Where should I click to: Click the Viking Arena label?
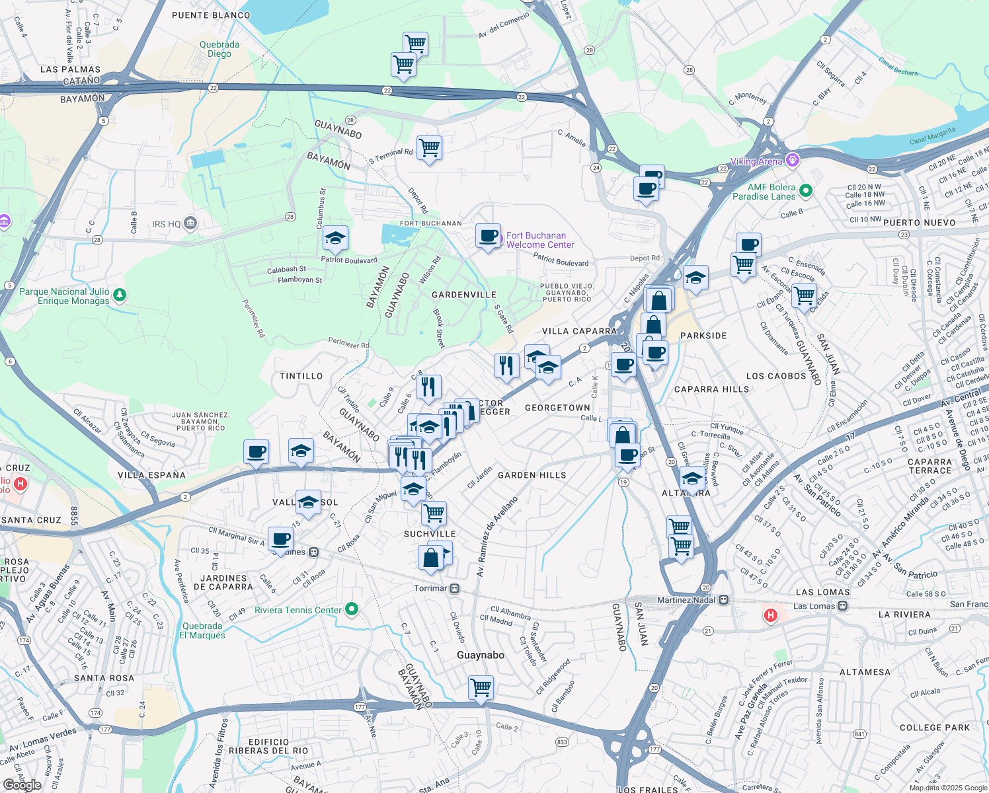pyautogui.click(x=756, y=162)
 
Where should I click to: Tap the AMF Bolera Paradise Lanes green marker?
pyautogui.click(x=805, y=191)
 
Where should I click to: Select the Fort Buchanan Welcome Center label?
pyautogui.click(x=539, y=240)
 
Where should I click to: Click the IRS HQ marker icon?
pyautogui.click(x=191, y=223)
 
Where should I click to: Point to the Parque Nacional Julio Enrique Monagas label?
pyautogui.click(x=64, y=296)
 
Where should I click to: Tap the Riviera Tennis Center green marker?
pyautogui.click(x=352, y=609)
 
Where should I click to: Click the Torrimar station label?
pyautogui.click(x=430, y=588)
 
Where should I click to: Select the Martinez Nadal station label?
pyautogui.click(x=686, y=599)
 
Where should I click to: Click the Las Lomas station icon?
pyautogui.click(x=842, y=606)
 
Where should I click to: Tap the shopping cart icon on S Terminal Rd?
pyautogui.click(x=429, y=148)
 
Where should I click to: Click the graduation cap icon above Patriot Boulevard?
pyautogui.click(x=335, y=239)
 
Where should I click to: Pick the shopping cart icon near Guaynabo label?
pyautogui.click(x=481, y=687)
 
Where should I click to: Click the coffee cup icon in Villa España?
pyautogui.click(x=256, y=452)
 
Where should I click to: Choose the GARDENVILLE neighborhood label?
pyautogui.click(x=463, y=295)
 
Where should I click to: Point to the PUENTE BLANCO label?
pyautogui.click(x=211, y=15)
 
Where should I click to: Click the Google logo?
pyautogui.click(x=22, y=784)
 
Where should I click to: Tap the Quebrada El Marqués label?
pyautogui.click(x=202, y=630)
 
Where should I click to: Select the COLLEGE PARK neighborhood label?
pyautogui.click(x=934, y=728)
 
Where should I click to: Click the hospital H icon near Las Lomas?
pyautogui.click(x=770, y=616)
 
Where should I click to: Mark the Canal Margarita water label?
pyautogui.click(x=932, y=135)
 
